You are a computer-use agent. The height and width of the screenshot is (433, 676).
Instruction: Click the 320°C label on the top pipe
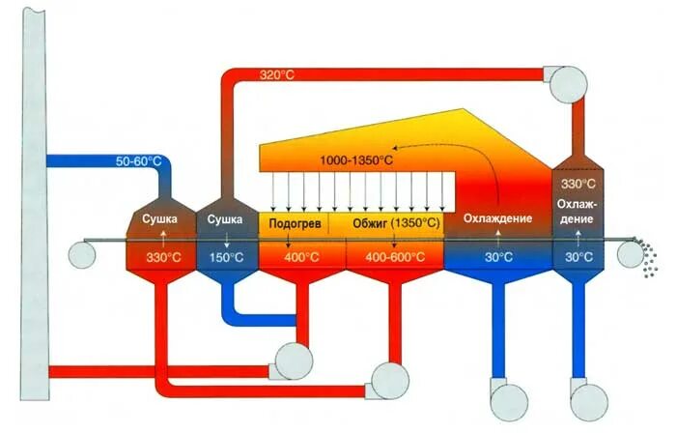tap(278, 74)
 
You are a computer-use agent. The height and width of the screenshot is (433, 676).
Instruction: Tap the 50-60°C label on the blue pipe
tap(138, 160)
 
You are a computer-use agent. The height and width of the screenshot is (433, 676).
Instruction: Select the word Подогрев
tap(294, 223)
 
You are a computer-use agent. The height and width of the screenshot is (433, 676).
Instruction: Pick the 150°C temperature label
tap(225, 258)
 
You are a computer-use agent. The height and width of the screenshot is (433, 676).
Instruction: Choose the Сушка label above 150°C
tap(225, 219)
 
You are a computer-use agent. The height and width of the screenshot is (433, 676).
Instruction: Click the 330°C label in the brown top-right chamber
tap(580, 184)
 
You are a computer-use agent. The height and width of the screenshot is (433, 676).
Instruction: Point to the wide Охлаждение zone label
tap(497, 219)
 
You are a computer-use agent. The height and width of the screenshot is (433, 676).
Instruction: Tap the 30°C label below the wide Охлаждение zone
tap(498, 258)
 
